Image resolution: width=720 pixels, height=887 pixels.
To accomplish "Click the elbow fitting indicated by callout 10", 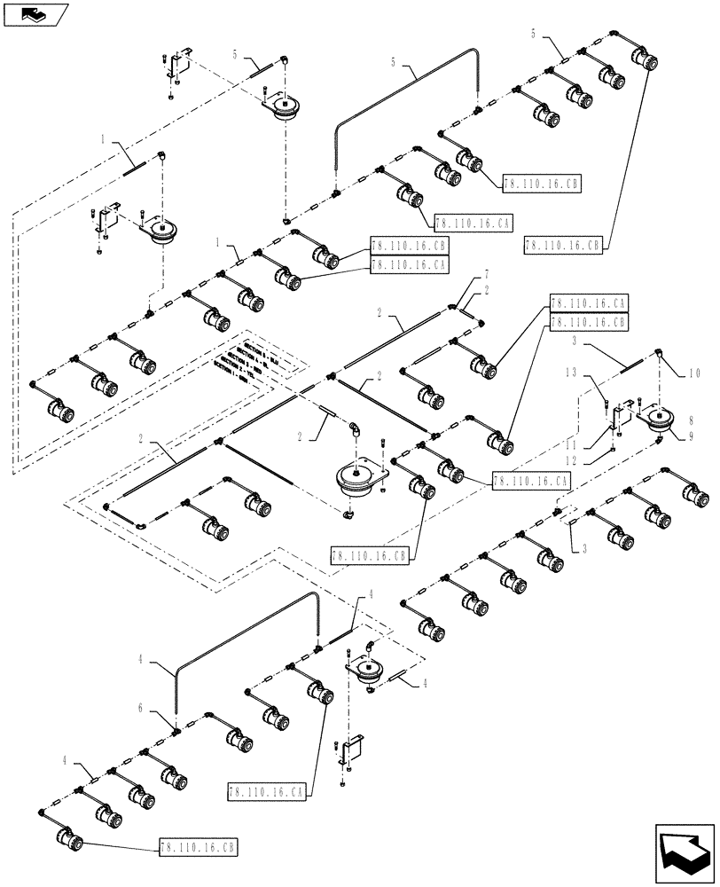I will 662,354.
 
